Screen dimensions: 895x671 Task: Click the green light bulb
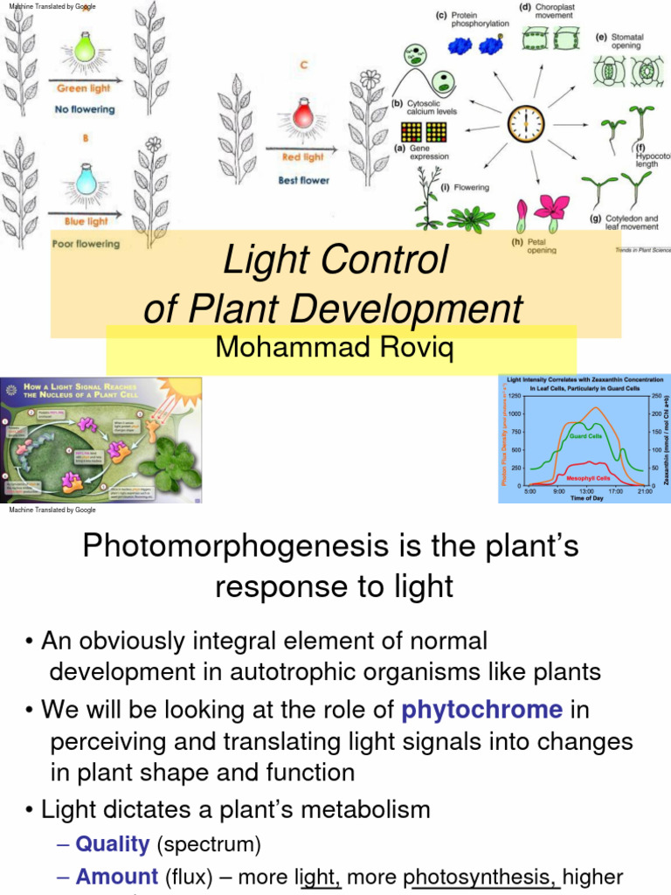(x=84, y=47)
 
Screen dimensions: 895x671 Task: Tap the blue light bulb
(x=85, y=179)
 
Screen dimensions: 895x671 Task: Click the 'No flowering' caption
(x=85, y=109)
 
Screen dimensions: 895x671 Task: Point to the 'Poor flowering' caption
(x=85, y=244)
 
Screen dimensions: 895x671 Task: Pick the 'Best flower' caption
(x=303, y=180)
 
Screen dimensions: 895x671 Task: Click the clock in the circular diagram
(x=527, y=124)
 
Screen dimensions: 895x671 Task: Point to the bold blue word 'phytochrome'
(x=481, y=709)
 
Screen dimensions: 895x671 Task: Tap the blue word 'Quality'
(x=112, y=843)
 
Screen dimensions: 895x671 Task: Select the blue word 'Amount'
(x=116, y=877)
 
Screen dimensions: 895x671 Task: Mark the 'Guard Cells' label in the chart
(x=585, y=435)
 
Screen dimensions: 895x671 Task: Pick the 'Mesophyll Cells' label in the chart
(x=589, y=478)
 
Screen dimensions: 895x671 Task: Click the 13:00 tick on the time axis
(x=586, y=492)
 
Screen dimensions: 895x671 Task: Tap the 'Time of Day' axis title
(x=586, y=498)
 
